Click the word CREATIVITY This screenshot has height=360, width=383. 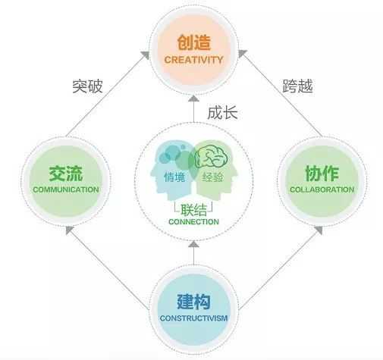coord(193,60)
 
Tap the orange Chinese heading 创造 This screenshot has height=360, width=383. coord(193,42)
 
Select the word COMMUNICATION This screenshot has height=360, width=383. coord(66,189)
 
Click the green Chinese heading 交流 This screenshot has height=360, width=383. coord(66,174)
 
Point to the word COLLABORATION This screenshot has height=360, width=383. coord(322,189)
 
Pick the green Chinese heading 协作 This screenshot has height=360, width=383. coord(322,174)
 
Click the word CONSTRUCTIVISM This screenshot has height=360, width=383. coord(193,318)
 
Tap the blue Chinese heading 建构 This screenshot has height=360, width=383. coord(193,302)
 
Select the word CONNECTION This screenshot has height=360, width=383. coord(193,221)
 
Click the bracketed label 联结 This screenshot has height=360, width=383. coord(193,209)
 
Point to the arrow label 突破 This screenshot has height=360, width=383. coord(87,86)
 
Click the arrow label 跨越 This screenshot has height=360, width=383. coord(297,86)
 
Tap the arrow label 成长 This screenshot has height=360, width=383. coord(222,112)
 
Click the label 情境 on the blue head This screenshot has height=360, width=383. coord(174,177)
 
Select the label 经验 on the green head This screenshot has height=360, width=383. coord(213,177)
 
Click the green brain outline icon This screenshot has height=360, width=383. coord(212,158)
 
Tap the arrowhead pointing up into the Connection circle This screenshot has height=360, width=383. coord(194,244)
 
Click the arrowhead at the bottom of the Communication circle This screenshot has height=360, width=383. coord(69,230)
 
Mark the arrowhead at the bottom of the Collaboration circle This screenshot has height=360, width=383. coord(319,230)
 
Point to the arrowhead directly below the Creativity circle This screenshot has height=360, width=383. coord(194,99)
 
